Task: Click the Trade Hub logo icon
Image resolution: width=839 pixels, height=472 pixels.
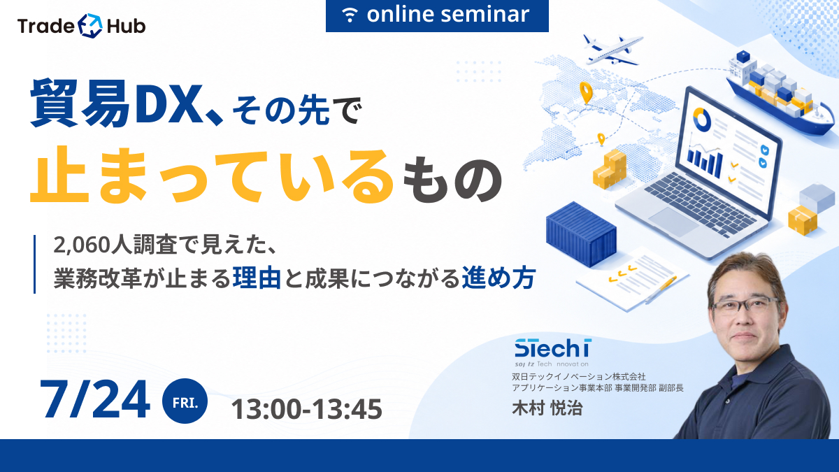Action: coord(90,25)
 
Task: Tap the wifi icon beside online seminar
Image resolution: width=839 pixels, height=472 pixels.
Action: coord(350,15)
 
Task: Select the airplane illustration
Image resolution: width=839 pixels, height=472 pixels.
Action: coord(612,50)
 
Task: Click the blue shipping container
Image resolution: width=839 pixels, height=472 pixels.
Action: coord(581,234)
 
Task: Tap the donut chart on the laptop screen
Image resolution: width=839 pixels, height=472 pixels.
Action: coord(701,120)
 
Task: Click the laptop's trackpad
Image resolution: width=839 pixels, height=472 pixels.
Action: coord(674,222)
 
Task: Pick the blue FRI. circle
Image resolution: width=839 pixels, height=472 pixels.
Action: coord(185,401)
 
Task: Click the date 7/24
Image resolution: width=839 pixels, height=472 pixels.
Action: coord(95,399)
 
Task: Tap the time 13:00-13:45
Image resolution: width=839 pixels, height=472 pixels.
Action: coord(307,409)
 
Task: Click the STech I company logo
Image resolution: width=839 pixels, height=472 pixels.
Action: coord(553,353)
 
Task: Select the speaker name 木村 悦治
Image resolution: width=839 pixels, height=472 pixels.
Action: coord(547,408)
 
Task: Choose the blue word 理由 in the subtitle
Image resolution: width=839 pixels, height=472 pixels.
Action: coord(257,278)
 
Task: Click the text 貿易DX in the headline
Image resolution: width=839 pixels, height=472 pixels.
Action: coord(114,103)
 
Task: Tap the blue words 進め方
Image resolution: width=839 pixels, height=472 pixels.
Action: coord(498,278)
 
